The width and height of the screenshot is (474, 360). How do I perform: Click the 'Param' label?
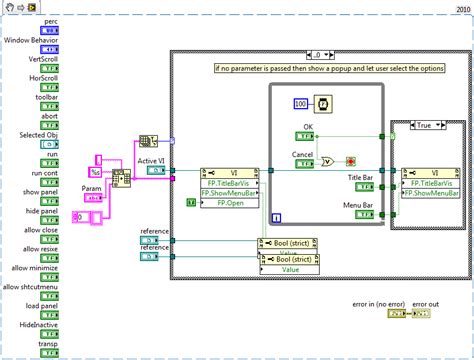(x=92, y=186)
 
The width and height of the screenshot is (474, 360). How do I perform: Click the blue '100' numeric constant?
(x=299, y=104)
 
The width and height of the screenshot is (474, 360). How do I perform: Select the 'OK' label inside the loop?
(x=309, y=127)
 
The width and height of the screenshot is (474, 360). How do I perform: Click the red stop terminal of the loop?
(x=352, y=160)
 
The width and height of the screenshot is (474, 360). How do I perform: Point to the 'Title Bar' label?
(x=360, y=177)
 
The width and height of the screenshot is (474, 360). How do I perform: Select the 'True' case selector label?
(x=425, y=125)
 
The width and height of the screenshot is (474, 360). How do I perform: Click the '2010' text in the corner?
(x=461, y=7)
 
